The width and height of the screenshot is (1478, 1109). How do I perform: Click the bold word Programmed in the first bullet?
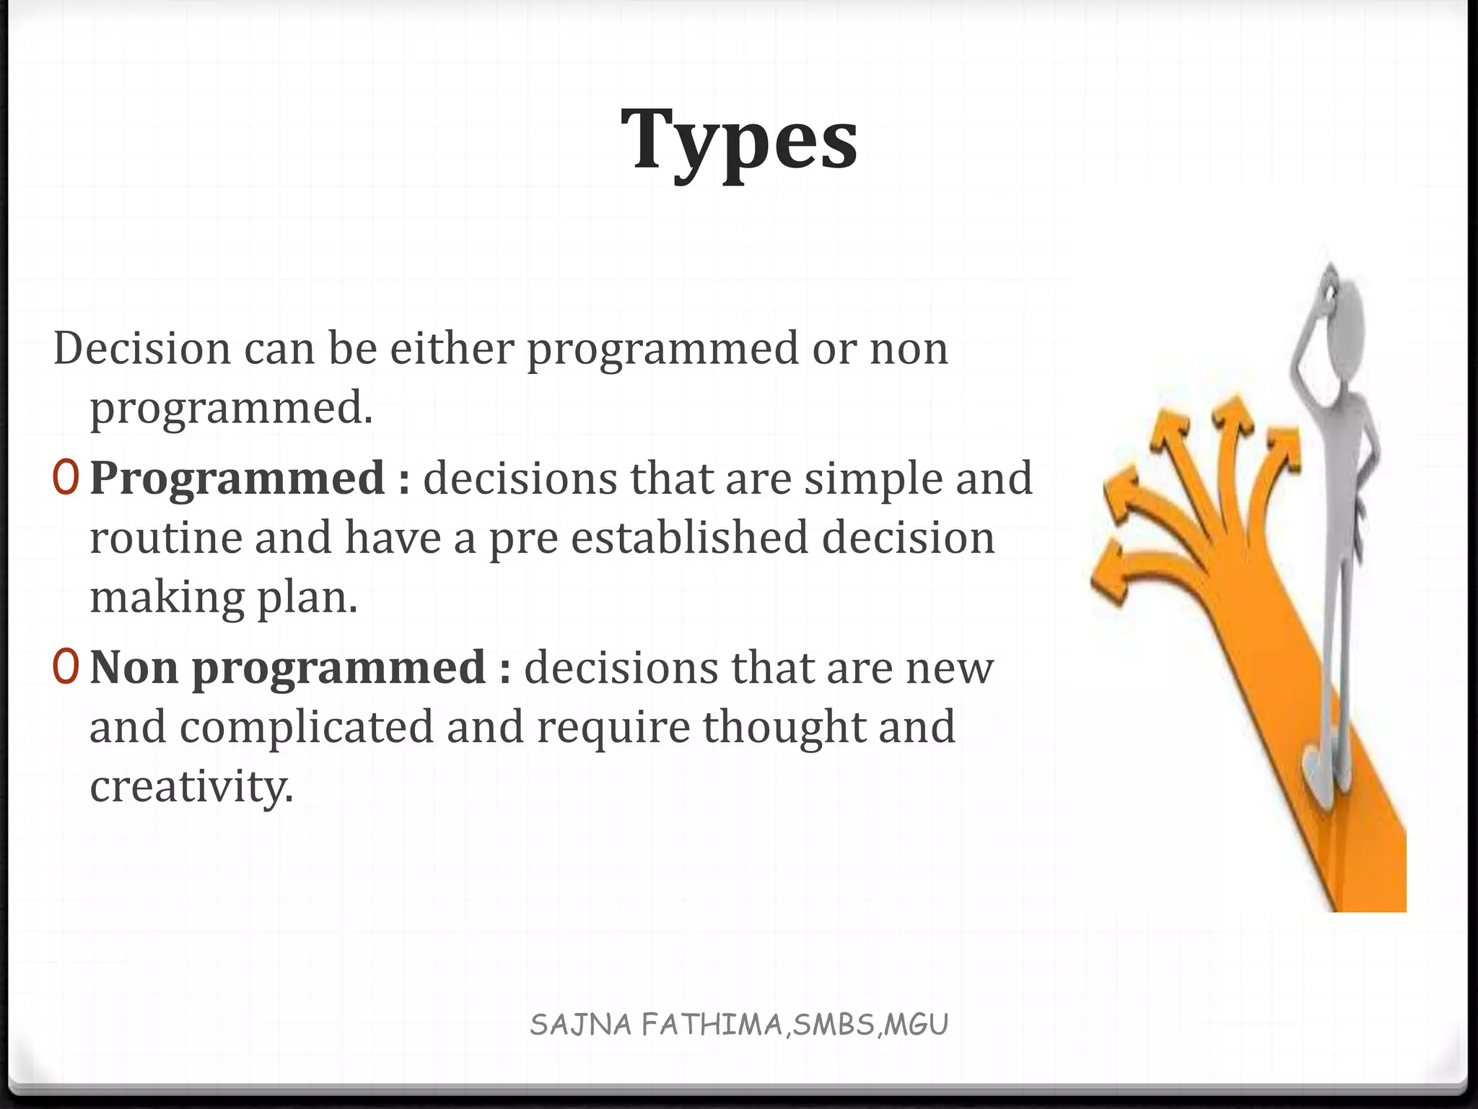click(x=237, y=479)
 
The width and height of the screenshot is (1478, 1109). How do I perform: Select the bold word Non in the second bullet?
click(x=134, y=667)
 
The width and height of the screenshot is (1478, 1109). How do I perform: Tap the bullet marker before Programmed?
click(x=66, y=479)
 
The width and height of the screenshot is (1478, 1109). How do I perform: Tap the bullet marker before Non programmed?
click(x=66, y=667)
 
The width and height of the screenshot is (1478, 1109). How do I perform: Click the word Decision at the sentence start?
click(x=141, y=348)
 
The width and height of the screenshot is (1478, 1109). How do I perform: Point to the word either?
click(x=451, y=348)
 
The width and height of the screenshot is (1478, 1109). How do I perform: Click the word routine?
click(x=165, y=538)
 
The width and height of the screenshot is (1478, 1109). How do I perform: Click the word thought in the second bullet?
click(x=784, y=727)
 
